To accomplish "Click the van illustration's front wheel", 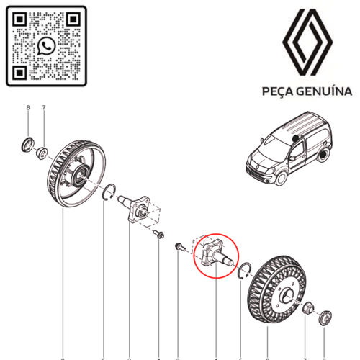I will click(x=275, y=178).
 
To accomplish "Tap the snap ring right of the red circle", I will click(x=244, y=269).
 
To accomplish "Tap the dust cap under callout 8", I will click(x=28, y=143).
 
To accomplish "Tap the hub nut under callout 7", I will click(x=43, y=152).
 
